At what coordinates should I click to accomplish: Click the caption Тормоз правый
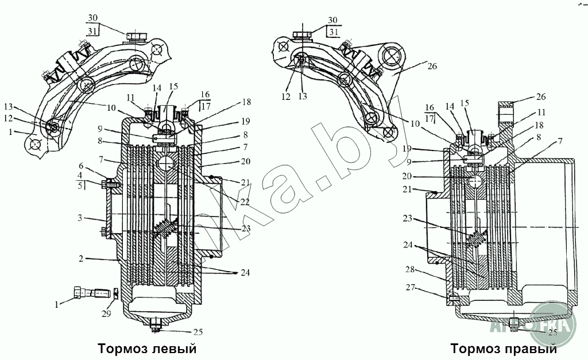(x=503, y=349)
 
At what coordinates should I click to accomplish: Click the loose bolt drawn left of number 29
(x=91, y=293)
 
